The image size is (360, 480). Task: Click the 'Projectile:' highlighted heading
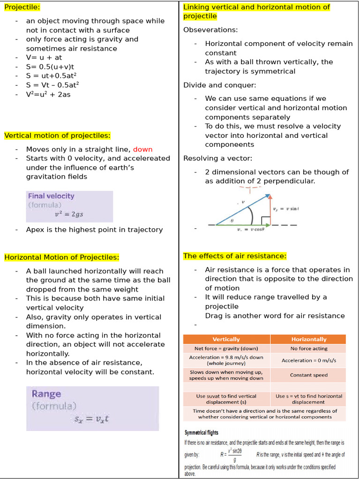(x=22, y=7)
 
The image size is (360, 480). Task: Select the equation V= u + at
(x=44, y=58)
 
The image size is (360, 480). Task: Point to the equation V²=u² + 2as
(x=48, y=94)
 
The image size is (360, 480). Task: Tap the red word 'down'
(x=142, y=149)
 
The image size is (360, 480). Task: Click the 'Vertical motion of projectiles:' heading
(x=57, y=135)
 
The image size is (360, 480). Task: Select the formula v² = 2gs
(x=69, y=215)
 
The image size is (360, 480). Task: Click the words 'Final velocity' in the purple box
(x=51, y=196)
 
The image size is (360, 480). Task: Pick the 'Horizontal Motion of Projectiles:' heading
(x=61, y=257)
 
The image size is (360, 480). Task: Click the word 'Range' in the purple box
(x=46, y=394)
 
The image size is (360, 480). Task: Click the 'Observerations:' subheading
(x=210, y=30)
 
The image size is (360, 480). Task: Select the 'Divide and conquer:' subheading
(x=219, y=85)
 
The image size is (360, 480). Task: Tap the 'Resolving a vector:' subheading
(x=217, y=158)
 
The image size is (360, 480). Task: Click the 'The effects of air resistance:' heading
(x=234, y=256)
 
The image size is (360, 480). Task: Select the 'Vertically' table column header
(x=226, y=339)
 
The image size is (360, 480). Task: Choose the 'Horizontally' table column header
(x=308, y=339)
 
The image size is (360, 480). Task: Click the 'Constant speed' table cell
(x=308, y=375)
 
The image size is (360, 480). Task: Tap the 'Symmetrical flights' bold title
(x=201, y=433)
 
